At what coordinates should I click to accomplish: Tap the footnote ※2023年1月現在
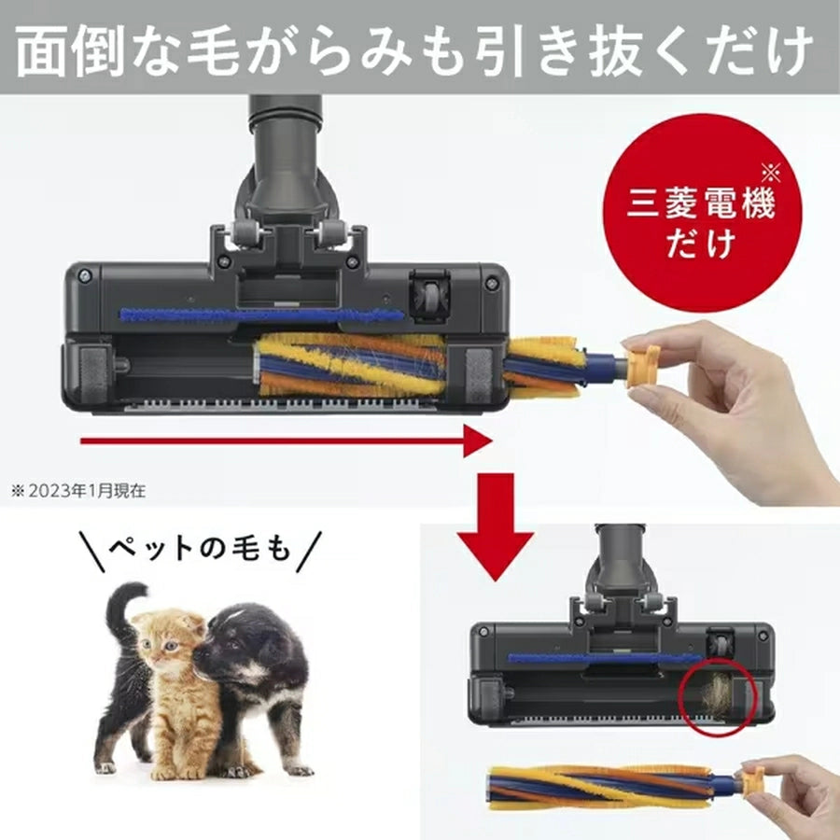pyautogui.click(x=78, y=487)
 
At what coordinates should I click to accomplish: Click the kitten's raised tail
pyautogui.click(x=121, y=611)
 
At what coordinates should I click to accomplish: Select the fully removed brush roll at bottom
pyautogui.click(x=607, y=785)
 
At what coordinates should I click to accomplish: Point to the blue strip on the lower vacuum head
pyautogui.click(x=597, y=658)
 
